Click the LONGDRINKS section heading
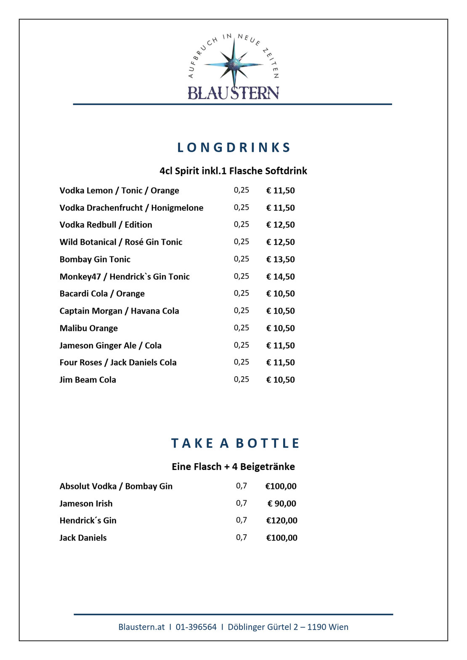[x=233, y=148]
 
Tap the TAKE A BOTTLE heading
[x=235, y=444]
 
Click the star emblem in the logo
[x=234, y=64]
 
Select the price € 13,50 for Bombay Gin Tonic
[x=280, y=259]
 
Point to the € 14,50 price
[x=280, y=277]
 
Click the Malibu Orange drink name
[x=88, y=328]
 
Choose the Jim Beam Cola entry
[x=88, y=380]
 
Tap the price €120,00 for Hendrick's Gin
[x=281, y=520]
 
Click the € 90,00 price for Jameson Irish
[x=281, y=504]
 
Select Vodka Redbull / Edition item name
[x=106, y=225]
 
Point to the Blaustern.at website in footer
[x=141, y=627]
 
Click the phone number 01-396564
[x=196, y=627]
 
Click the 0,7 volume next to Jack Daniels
[x=241, y=537]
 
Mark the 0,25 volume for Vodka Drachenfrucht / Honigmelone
[x=241, y=207]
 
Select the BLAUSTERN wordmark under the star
[x=233, y=93]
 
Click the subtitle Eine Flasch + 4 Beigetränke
[x=233, y=467]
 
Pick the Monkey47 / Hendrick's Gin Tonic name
[x=125, y=277]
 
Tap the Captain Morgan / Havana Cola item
[x=119, y=311]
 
